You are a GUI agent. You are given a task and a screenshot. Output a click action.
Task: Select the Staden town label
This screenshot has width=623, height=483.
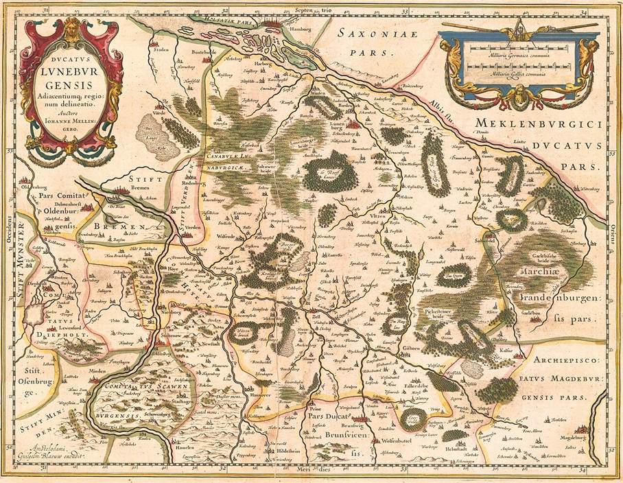pyautogui.click(x=162, y=50)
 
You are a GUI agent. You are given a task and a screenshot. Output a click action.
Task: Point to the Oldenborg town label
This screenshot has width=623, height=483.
pyautogui.click(x=34, y=187)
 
